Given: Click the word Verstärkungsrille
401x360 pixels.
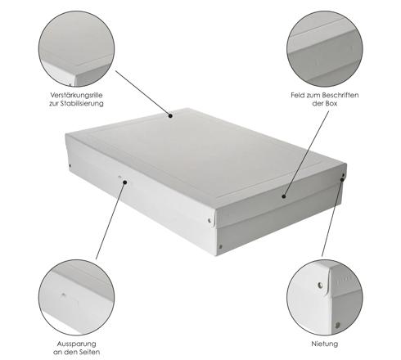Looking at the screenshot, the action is (x=76, y=95).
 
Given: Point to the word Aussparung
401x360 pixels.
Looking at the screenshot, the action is (x=76, y=344).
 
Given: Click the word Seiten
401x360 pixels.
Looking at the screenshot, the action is (x=90, y=352).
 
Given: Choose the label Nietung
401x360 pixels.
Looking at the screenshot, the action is (x=325, y=344).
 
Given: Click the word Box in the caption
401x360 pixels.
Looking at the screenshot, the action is (x=331, y=104).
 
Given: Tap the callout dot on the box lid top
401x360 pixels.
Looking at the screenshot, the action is (x=170, y=115).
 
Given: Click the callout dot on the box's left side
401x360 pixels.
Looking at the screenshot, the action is (x=125, y=182).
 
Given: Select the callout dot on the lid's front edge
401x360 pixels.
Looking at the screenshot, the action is (x=284, y=196).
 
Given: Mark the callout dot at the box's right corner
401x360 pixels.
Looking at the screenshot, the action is (x=342, y=180).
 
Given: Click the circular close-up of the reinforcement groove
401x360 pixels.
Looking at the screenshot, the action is (x=76, y=49).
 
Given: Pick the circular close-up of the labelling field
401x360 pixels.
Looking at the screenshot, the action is (x=325, y=49).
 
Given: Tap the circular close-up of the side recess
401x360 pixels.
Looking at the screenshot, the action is (x=76, y=298).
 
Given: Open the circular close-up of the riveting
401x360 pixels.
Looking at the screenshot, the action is (x=325, y=298).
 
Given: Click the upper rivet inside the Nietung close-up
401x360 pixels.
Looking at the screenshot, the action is (x=320, y=286).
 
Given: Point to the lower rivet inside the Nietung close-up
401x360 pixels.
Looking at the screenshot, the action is (x=338, y=325).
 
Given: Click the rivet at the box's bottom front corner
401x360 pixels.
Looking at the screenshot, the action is (x=220, y=247).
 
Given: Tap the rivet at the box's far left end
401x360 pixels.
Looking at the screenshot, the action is (x=70, y=165).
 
